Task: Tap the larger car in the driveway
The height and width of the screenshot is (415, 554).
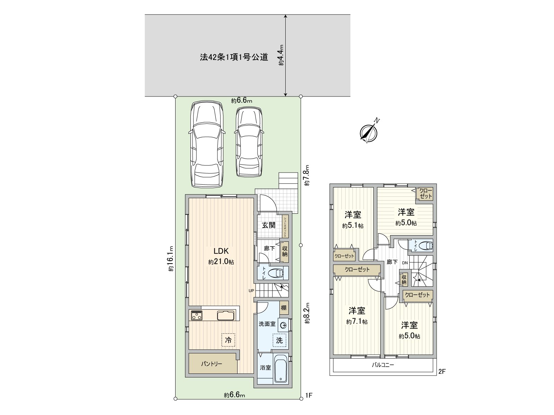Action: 206,145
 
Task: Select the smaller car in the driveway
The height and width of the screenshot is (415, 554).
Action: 249,142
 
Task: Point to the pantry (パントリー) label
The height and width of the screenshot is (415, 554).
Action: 212,364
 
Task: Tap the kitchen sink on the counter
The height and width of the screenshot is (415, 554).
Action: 226,316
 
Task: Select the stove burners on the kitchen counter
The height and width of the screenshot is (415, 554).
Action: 197,316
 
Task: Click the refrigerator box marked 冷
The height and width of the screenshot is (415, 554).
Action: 229,340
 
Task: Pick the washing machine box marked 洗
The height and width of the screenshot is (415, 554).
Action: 279,340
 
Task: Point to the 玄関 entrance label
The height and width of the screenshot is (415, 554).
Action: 268,225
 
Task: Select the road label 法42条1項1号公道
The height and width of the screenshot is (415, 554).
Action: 234,57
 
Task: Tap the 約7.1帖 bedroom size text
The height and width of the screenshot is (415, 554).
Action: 357,322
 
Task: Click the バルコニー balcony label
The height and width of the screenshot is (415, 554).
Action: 383,365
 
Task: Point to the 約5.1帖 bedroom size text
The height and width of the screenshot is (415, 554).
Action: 353,226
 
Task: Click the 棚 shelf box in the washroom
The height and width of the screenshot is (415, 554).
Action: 284,307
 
